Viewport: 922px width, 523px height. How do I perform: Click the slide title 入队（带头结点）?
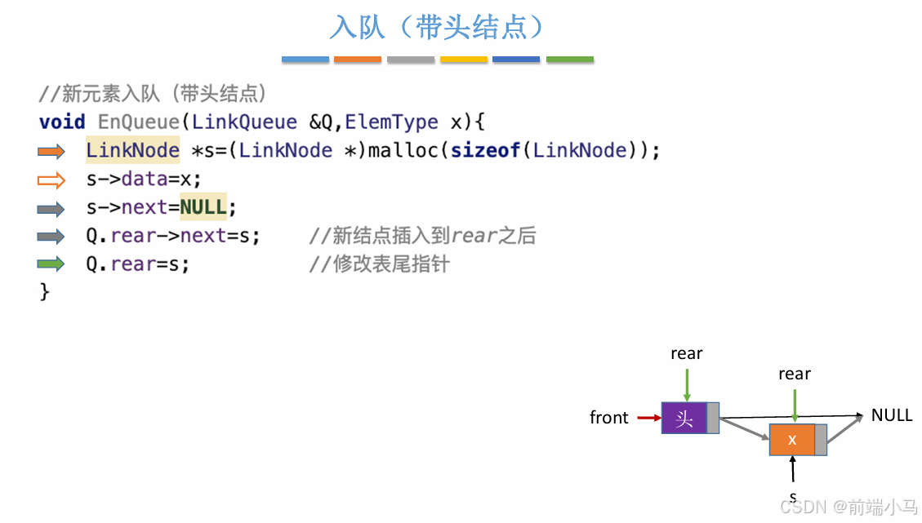(437, 28)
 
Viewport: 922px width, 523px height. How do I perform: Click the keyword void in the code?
(62, 122)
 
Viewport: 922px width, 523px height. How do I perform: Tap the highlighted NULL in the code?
(203, 207)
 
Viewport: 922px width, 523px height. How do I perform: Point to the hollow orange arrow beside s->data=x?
(51, 180)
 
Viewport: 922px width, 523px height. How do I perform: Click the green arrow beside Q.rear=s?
(51, 264)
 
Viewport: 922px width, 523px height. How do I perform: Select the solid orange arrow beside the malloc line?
(51, 151)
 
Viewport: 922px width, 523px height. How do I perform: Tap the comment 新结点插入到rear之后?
(422, 236)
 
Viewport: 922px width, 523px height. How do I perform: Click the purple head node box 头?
(684, 419)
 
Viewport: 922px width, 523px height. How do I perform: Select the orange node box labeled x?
(792, 440)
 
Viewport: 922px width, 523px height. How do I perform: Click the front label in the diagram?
(609, 418)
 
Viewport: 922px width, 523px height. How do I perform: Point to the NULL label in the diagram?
(892, 415)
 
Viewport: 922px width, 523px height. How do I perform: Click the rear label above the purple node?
(686, 353)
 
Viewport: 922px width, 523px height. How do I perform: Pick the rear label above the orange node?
(794, 374)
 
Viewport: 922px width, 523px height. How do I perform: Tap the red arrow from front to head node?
(648, 419)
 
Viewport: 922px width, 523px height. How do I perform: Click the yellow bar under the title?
(464, 60)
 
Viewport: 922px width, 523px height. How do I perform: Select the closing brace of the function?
(45, 291)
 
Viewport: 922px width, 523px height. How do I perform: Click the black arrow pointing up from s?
(792, 470)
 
